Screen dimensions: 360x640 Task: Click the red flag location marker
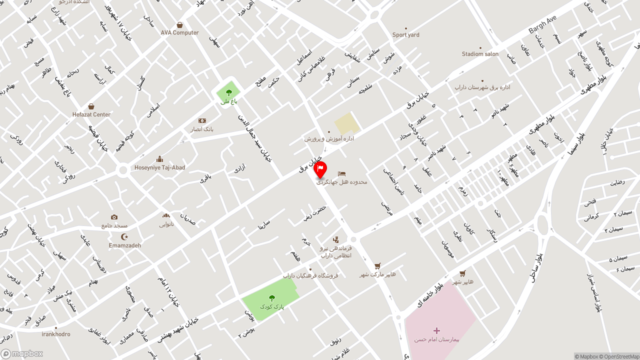320,169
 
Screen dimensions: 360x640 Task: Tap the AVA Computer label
179,32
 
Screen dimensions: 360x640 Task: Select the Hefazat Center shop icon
91,106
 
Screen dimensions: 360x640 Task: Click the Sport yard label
405,35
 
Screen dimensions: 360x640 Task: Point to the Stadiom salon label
480,54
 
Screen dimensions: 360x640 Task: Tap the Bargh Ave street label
542,24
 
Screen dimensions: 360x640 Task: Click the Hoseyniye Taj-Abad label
159,167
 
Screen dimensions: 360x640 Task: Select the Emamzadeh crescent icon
125,236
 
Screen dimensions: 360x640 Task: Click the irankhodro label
56,334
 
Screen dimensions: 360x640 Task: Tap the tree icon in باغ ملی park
228,92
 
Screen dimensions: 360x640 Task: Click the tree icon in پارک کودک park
271,298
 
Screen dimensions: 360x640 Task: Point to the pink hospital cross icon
436,330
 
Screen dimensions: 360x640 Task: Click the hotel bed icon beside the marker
342,173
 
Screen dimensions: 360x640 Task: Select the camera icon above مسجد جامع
114,217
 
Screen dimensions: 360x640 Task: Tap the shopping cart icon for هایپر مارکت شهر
377,265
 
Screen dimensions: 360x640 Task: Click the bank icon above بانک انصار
202,120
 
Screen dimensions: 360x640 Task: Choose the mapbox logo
22,354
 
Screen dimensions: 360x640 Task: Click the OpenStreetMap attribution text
620,356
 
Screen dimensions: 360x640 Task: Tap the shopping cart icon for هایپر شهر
462,273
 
